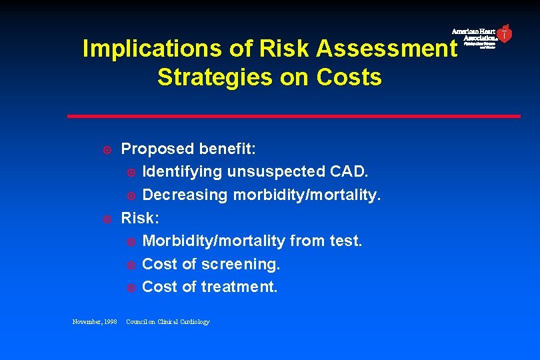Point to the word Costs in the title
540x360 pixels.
point(349,77)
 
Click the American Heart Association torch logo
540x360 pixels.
point(505,34)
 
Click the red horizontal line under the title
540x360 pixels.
point(293,116)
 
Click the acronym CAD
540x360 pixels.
point(349,171)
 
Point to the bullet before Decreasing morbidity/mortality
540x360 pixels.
point(131,195)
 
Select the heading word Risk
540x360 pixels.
point(137,218)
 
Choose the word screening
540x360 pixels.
point(241,264)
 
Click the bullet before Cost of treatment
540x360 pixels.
point(131,287)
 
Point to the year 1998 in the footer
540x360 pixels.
point(109,322)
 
